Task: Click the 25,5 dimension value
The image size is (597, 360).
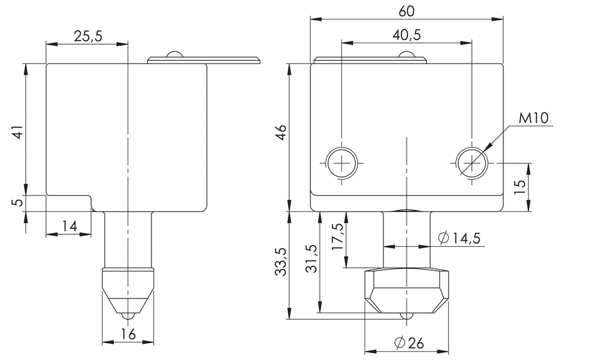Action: (87, 36)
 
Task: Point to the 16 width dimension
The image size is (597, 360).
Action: (128, 334)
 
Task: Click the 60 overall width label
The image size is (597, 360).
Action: (407, 11)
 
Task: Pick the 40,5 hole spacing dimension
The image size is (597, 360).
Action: (407, 35)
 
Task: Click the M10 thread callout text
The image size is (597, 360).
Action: (534, 118)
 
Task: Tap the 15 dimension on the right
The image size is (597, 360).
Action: (519, 187)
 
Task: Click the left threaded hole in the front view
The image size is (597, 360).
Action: (342, 163)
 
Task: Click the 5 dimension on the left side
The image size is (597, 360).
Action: (18, 202)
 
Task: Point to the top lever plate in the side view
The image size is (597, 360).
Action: (204, 60)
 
